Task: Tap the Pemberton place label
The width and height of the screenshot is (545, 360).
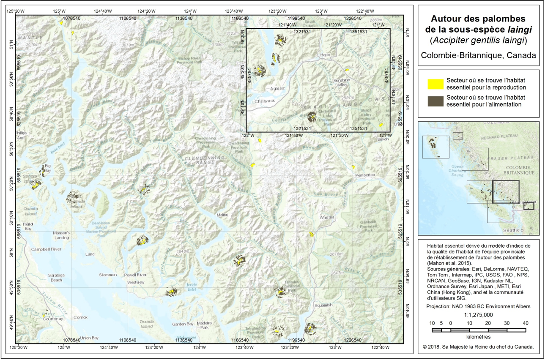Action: (365, 175)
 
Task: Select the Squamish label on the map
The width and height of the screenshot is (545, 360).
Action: (323, 305)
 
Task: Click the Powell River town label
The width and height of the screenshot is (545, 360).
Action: (135, 275)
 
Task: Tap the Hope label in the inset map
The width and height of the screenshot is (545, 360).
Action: (325, 55)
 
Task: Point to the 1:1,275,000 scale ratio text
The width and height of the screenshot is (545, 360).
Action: (478, 315)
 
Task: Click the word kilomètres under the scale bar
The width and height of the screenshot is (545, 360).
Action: (478, 337)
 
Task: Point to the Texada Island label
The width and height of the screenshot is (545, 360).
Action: (147, 324)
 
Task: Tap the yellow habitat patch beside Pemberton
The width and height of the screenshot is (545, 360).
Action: (353, 167)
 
